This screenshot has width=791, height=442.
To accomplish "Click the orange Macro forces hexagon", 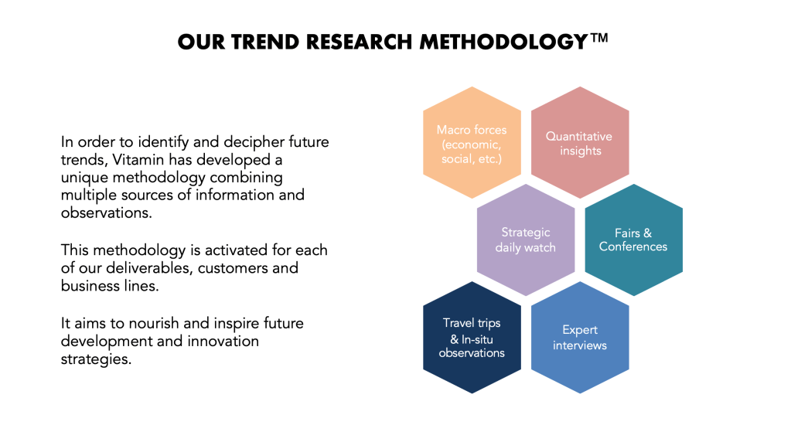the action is tap(472, 143).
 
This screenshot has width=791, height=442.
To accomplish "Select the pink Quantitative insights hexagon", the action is tap(580, 143).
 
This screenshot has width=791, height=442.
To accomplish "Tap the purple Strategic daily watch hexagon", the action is tap(526, 240).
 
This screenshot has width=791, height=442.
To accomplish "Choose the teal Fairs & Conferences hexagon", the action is tap(633, 240).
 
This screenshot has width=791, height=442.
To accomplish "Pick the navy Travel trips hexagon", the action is tap(472, 337).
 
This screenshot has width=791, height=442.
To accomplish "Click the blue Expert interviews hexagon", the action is tap(580, 337).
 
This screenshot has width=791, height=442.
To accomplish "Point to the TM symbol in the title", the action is tap(598, 39).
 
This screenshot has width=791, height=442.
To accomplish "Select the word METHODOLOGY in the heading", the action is tap(504, 42).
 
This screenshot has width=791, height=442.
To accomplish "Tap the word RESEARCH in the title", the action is tap(360, 42).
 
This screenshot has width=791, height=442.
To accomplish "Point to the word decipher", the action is tap(254, 143).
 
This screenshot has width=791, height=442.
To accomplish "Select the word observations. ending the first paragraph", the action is tap(107, 212).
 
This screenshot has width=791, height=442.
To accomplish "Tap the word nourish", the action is tap(153, 323).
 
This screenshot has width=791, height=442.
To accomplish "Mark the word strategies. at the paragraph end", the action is tap(96, 359).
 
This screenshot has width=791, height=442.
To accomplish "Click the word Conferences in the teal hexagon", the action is tap(633, 246).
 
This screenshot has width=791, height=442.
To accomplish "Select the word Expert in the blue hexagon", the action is tap(580, 330).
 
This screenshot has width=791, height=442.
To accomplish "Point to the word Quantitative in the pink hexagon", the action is tap(579, 137).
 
